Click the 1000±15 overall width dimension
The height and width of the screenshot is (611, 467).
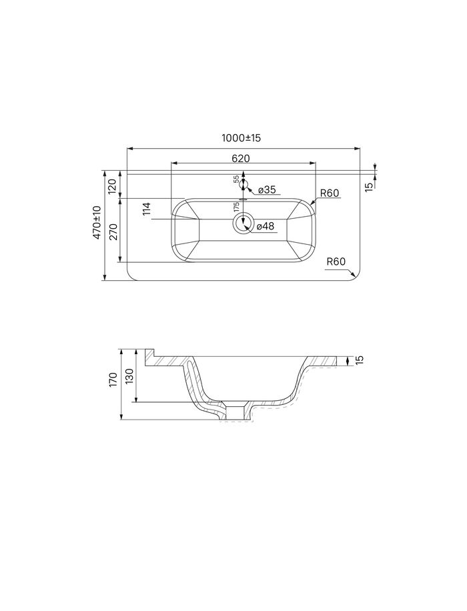tap(241, 138)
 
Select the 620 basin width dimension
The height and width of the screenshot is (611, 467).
tap(241, 159)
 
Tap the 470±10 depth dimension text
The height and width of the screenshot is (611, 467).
tap(97, 223)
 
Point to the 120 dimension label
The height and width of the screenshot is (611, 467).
tap(112, 187)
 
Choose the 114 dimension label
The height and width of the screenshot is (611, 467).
tap(147, 209)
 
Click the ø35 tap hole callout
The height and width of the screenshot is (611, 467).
tap(267, 189)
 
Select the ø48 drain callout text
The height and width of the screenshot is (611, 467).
tap(266, 226)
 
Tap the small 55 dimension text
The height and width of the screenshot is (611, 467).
tap(236, 179)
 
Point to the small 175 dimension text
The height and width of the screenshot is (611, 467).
tap(236, 207)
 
